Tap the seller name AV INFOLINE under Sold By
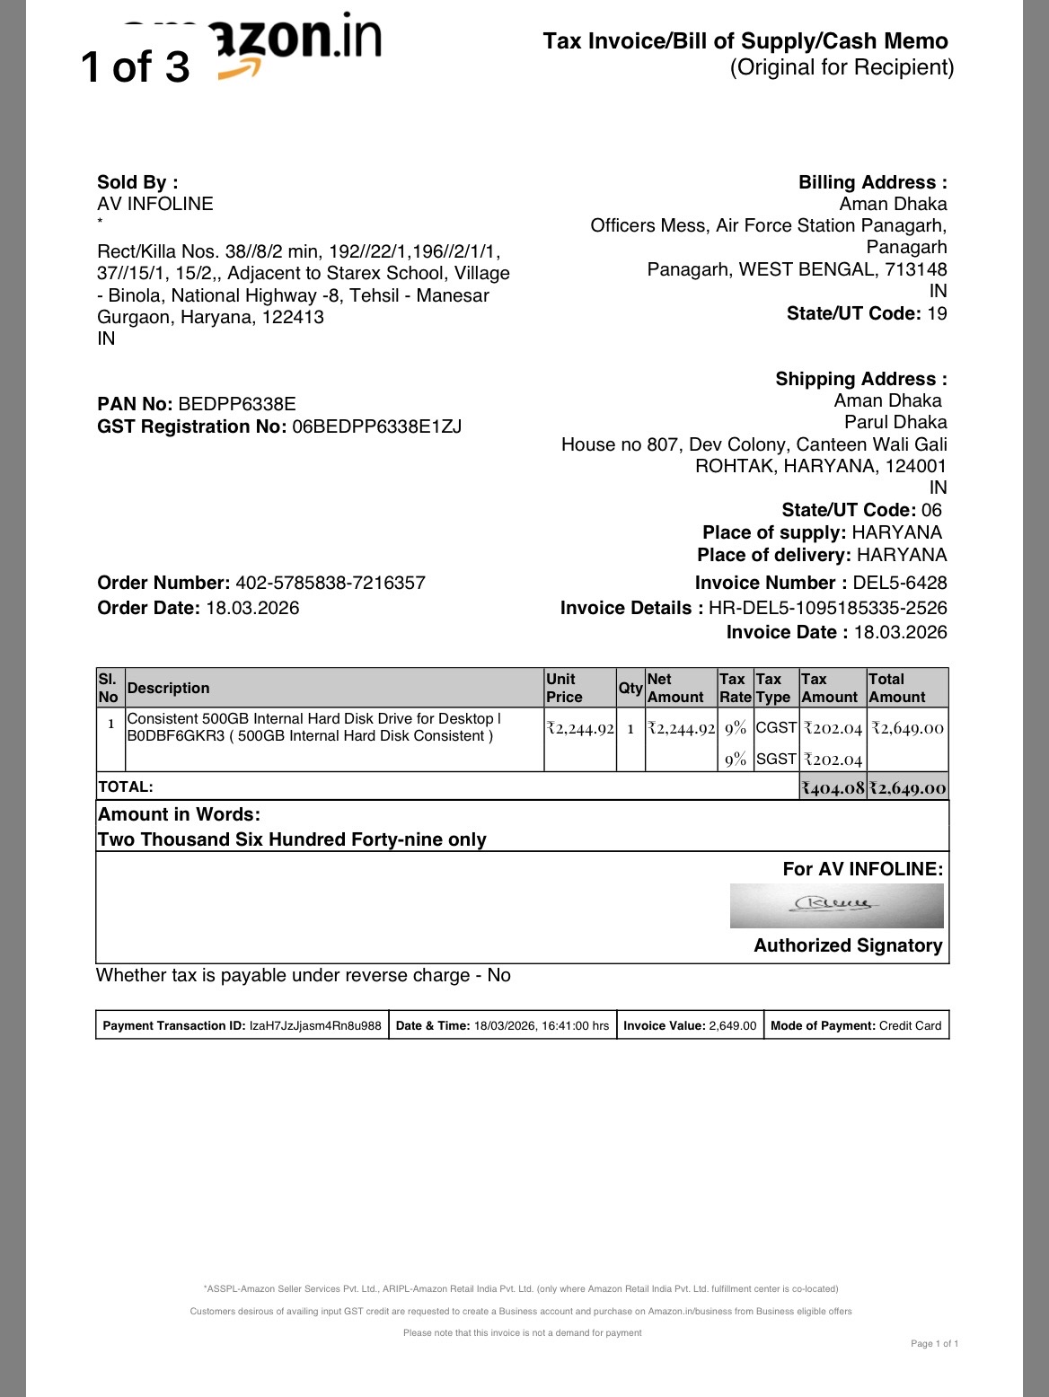[155, 204]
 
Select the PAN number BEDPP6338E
[237, 404]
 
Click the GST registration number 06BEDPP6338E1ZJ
[377, 426]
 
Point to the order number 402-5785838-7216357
[331, 583]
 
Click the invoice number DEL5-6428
[900, 583]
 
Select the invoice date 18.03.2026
[900, 632]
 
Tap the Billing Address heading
[872, 182]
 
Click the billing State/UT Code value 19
[937, 313]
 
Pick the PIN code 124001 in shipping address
[916, 466]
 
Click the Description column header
[169, 688]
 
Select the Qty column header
[630, 688]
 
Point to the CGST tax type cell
[776, 727]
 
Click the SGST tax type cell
[776, 759]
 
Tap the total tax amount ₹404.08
[833, 787]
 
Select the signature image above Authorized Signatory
[836, 905]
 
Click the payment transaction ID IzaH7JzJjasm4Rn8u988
[315, 1025]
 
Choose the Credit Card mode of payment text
[910, 1025]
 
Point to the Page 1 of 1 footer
[934, 1344]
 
